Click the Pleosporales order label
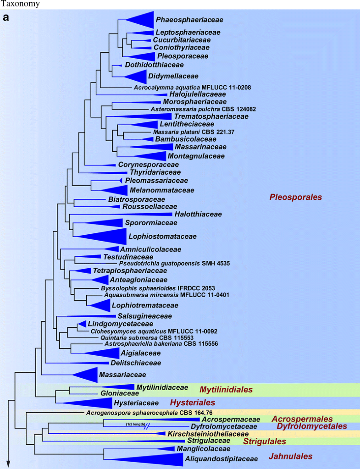(295, 198)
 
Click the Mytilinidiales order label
(226, 390)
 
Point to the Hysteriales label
(192, 403)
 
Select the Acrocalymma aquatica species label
(192, 87)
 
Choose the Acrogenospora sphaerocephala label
(149, 413)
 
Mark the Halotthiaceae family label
(198, 214)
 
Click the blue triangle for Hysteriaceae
(92, 403)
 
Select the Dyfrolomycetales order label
(311, 426)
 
